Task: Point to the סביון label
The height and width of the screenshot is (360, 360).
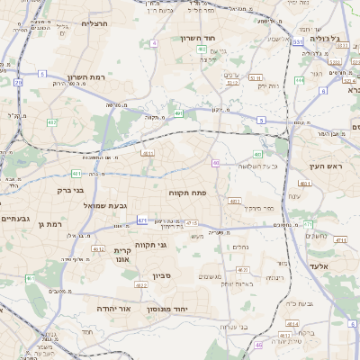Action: tap(162, 274)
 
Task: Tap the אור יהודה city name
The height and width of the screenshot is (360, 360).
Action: tap(112, 309)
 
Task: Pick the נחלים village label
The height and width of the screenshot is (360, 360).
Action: tap(240, 247)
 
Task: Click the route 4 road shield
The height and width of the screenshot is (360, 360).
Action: tap(154, 42)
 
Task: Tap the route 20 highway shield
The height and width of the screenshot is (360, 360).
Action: tap(19, 83)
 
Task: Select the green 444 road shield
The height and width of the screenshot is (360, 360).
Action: tap(298, 80)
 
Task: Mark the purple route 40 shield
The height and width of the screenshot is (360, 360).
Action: tap(216, 163)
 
